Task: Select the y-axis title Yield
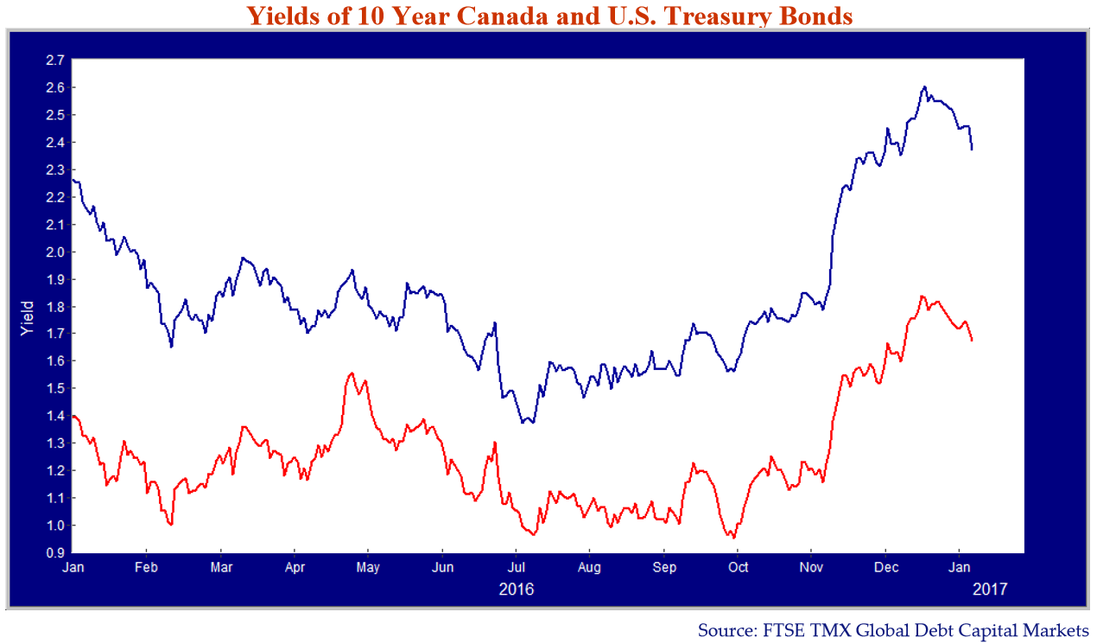(28, 319)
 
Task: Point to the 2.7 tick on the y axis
(55, 61)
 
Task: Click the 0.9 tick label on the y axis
(55, 553)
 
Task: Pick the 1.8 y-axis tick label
(55, 307)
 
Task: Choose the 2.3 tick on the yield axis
(55, 170)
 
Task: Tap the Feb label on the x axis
(146, 569)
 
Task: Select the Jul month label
(516, 569)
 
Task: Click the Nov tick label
(811, 569)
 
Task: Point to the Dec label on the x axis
(885, 569)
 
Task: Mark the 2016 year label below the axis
(517, 590)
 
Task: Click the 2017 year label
(990, 590)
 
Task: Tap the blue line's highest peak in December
(924, 86)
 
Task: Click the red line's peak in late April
(351, 373)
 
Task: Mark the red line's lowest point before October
(734, 538)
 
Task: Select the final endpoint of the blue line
(972, 150)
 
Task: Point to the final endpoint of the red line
(972, 341)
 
